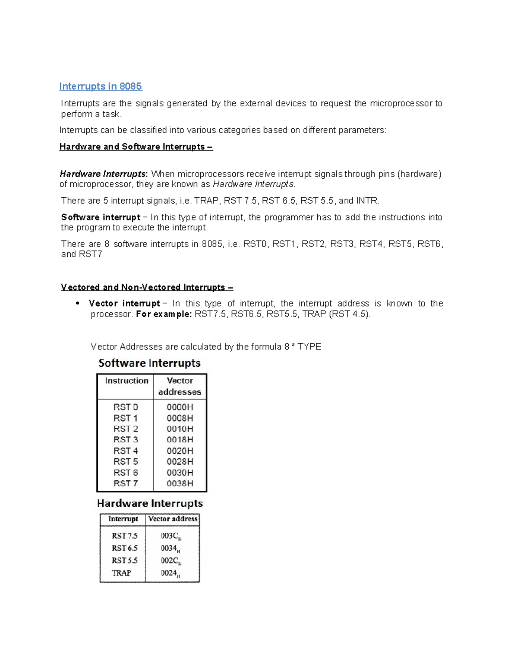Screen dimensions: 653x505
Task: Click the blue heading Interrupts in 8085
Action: point(100,86)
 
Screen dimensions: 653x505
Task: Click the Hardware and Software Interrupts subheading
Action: point(136,147)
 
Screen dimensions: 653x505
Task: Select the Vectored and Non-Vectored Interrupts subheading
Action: point(147,287)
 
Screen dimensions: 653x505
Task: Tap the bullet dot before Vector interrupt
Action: point(77,304)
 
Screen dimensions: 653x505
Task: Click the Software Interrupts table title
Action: point(149,363)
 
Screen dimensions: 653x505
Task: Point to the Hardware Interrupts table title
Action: point(150,503)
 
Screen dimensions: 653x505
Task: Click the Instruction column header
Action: point(127,381)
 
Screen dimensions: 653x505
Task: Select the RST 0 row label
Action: point(125,407)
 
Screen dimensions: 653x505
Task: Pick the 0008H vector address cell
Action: point(180,418)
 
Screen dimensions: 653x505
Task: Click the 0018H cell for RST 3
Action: point(180,439)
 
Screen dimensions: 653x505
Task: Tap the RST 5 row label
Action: point(125,461)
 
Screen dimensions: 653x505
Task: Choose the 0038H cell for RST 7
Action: point(180,484)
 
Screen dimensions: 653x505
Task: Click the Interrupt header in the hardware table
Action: point(123,519)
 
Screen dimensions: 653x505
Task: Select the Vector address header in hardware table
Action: point(173,519)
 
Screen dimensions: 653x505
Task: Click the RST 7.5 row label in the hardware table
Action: point(125,536)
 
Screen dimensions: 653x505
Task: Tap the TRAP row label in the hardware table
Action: point(122,573)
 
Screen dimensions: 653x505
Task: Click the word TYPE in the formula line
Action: point(309,347)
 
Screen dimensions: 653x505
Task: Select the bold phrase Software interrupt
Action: point(101,217)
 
